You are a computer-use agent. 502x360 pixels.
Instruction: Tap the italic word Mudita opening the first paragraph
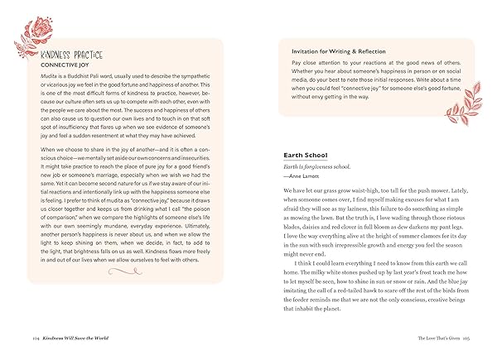pyautogui.click(x=50, y=79)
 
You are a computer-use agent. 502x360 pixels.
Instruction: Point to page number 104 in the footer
pyautogui.click(x=36, y=339)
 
